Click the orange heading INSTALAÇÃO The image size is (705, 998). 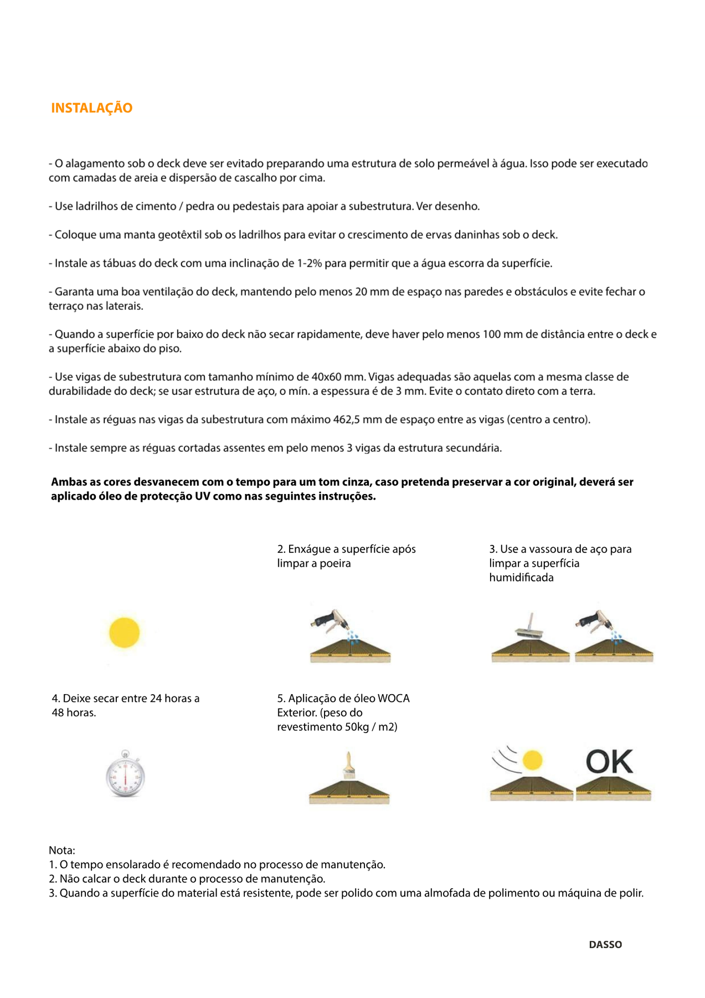(91, 108)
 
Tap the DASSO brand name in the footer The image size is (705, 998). (605, 944)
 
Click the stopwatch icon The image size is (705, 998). (125, 774)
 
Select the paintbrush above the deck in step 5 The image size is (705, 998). (349, 766)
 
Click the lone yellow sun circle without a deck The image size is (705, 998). (125, 633)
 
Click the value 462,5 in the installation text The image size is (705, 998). (346, 420)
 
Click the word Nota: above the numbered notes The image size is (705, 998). (62, 850)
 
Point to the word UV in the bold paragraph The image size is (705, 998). (202, 496)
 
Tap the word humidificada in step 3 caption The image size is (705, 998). (521, 578)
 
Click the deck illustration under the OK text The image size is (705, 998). (614, 790)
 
